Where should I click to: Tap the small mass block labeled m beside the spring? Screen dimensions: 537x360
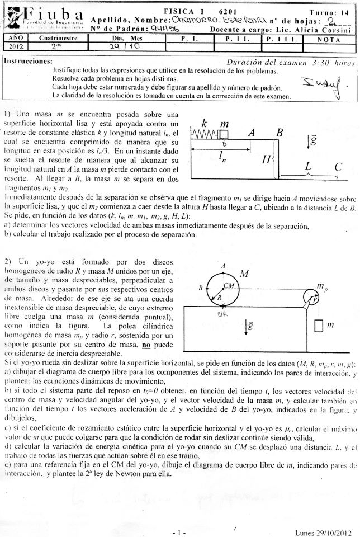click(222, 134)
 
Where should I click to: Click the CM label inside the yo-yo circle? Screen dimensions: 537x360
click(228, 285)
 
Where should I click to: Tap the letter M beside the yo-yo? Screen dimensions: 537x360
click(244, 274)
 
